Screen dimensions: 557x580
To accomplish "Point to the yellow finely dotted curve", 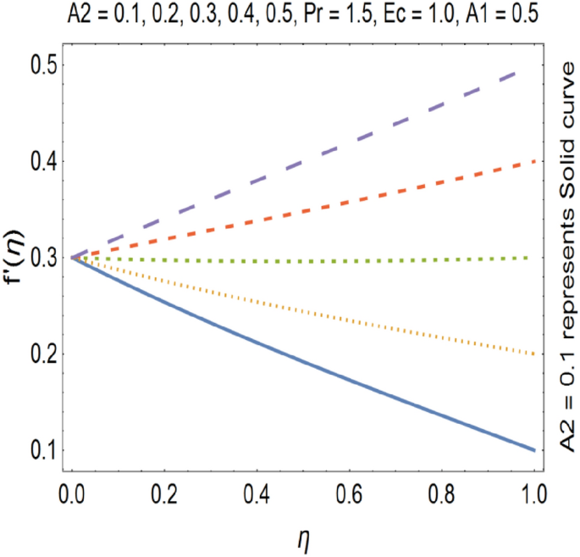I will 302,304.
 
